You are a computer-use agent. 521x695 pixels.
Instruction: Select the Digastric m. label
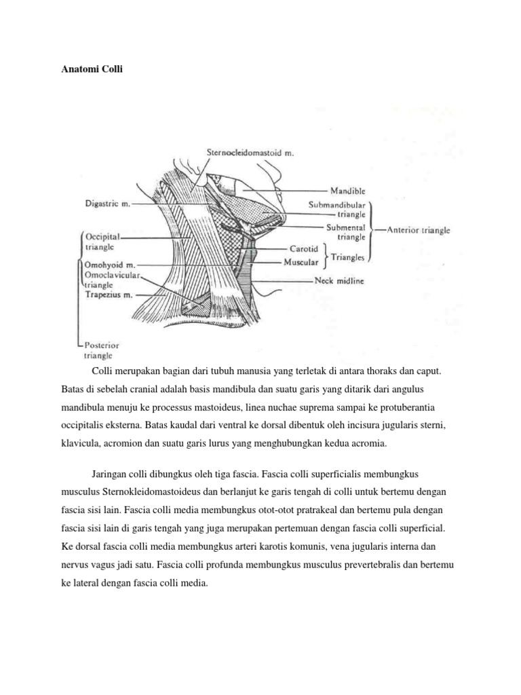coord(107,202)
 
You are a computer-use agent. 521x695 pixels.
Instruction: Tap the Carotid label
coord(305,249)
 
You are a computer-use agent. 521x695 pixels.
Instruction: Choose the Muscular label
coord(302,261)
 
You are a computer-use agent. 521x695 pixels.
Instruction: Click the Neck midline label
coord(342,280)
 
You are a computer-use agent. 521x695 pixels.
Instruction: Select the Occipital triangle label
coord(102,242)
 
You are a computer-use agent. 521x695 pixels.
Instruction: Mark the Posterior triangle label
coord(102,350)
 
